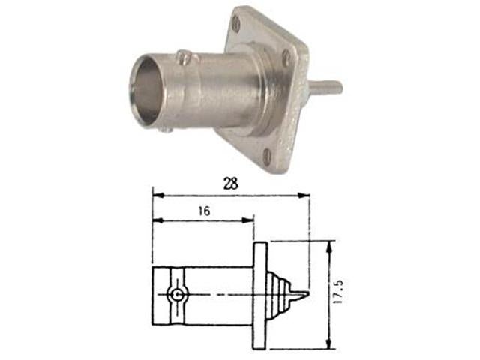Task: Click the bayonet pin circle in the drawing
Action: pos(176,295)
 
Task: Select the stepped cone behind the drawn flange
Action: pos(280,292)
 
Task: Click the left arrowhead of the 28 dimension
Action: pos(157,195)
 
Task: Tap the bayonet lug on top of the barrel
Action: pos(182,55)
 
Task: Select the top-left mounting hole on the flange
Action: pos(238,25)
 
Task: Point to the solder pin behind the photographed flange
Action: pos(326,88)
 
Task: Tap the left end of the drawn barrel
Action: pos(155,295)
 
